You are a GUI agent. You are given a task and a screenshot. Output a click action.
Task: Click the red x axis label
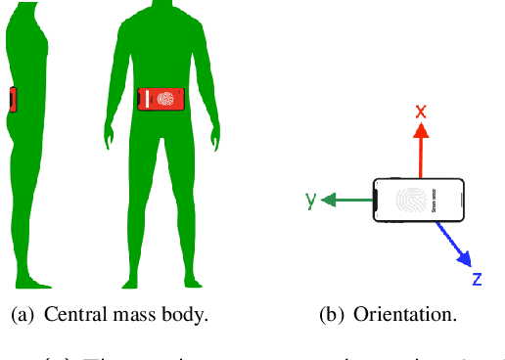[421, 111]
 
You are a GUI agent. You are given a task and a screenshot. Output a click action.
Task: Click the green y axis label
[311, 200]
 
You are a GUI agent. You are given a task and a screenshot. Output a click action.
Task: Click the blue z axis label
[477, 279]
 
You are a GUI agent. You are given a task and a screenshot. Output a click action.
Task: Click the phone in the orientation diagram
[419, 201]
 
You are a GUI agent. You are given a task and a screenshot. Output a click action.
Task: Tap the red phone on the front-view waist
[162, 98]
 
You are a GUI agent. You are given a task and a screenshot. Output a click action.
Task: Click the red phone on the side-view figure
[12, 100]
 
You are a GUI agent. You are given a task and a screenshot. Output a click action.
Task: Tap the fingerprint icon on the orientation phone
[410, 201]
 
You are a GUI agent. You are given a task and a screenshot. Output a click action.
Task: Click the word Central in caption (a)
[74, 316]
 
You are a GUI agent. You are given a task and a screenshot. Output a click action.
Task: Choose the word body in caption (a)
[185, 316]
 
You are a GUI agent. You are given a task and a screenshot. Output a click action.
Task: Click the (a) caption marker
[22, 316]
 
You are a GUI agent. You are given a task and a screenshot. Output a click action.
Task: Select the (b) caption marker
[333, 316]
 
